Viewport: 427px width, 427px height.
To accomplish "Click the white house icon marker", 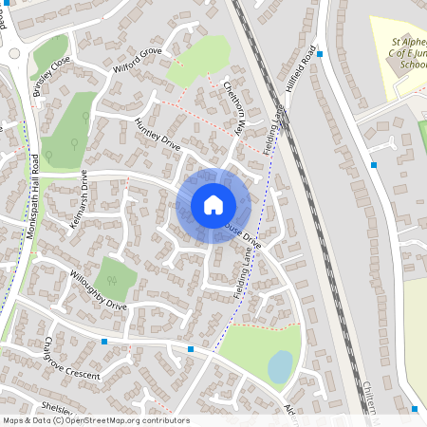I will pos(213,205).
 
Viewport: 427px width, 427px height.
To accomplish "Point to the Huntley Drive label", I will pos(157,136).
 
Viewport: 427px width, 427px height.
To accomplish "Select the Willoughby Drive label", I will pos(99,291).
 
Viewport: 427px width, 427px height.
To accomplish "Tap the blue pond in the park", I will pos(281,366).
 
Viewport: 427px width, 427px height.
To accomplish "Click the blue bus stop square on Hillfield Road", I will pos(320,54).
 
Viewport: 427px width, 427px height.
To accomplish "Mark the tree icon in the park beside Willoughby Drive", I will pos(112,280).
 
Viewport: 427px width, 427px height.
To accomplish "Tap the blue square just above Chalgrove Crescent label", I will pos(104,341).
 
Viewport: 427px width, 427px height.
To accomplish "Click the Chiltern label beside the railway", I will pos(371,398).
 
